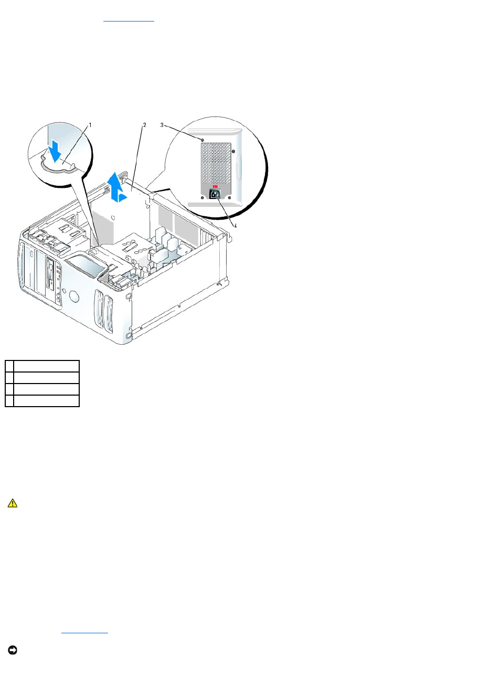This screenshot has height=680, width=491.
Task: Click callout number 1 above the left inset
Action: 90,125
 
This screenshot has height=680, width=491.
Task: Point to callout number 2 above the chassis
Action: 144,125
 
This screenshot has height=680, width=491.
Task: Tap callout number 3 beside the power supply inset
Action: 162,125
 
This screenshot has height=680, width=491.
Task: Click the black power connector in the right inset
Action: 215,194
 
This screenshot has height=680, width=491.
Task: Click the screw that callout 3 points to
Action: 202,140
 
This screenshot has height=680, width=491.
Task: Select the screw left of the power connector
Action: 202,198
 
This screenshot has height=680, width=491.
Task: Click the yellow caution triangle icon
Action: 12,503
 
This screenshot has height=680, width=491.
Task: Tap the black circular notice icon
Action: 12,650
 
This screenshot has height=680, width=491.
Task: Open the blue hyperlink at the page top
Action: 129,18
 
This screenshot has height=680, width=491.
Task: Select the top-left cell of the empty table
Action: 9,366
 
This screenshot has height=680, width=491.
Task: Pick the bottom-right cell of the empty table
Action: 46,401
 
